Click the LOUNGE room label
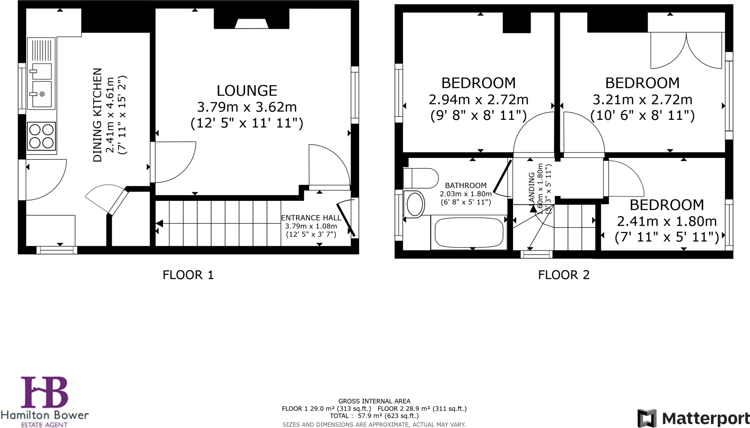point(247,91)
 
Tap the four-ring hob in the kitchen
point(41,136)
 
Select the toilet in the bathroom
point(420,178)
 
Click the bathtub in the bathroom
point(468,232)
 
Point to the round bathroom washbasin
point(415,204)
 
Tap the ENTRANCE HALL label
point(311,218)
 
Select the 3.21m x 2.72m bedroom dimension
point(642,100)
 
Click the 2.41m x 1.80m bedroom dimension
point(667,221)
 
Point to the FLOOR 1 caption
point(188,275)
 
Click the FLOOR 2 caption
point(564,275)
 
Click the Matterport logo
point(693,418)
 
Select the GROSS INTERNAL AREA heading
point(374,401)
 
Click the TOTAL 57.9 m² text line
point(374,416)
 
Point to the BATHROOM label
point(465,185)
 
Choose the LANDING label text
point(532,187)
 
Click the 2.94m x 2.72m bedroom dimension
point(478,100)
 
